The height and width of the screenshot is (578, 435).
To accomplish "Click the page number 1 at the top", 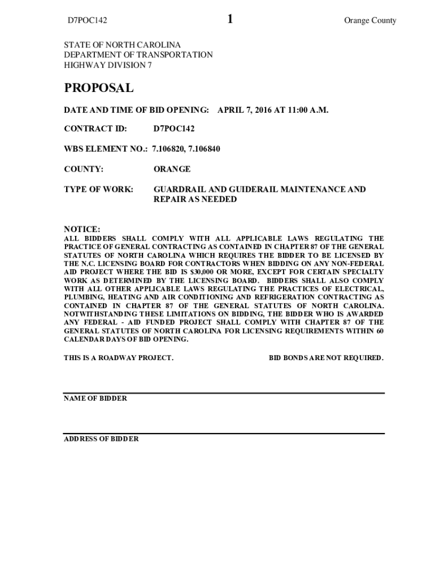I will (x=230, y=20).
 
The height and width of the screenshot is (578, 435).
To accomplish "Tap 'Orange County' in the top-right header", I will (x=370, y=21).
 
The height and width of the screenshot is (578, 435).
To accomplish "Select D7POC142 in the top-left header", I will (x=88, y=21).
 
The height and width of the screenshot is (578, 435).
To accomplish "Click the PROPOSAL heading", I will (x=99, y=88).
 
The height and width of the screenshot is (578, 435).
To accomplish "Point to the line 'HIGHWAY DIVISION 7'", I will (x=107, y=65).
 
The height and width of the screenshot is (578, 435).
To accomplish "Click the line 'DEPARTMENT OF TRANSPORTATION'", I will (x=138, y=55).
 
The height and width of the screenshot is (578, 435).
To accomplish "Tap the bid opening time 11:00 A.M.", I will (x=308, y=109).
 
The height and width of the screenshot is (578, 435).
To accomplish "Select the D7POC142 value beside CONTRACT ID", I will (x=174, y=129).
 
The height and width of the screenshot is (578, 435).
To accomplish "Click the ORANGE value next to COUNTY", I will (x=172, y=169).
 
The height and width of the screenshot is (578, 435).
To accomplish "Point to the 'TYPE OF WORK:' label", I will (x=98, y=190).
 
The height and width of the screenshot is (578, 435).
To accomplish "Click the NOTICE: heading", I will (x=82, y=229).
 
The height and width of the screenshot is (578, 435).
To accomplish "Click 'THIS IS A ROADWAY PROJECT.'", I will (x=119, y=358).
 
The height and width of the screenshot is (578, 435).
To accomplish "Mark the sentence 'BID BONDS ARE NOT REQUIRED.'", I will (x=326, y=358).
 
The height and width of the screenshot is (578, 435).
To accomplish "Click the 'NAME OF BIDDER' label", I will (x=95, y=399).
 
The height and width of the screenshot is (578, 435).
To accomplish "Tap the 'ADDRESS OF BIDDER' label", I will (x=101, y=439).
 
